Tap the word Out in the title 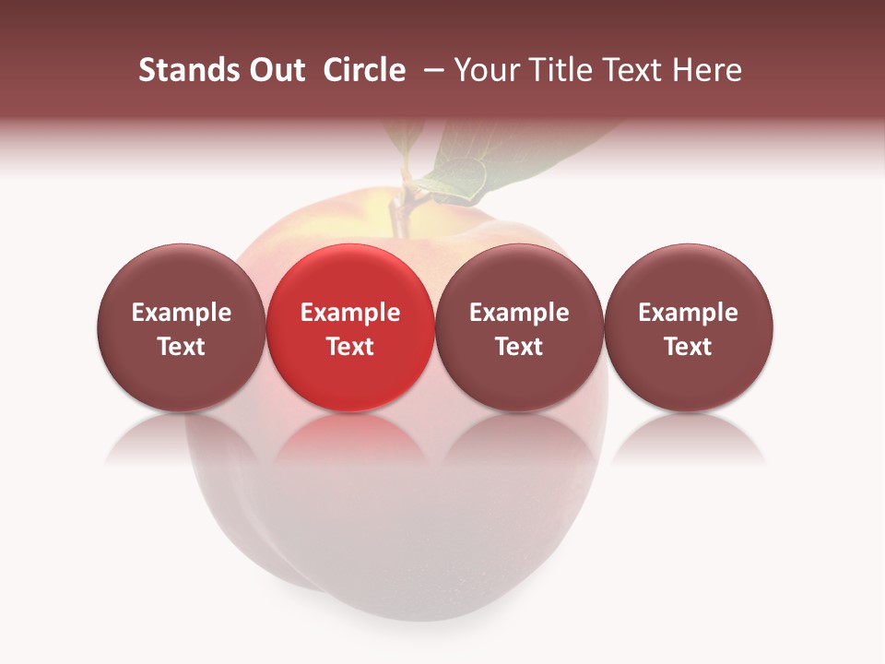point(275,70)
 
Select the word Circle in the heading point(364,70)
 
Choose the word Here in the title point(707,70)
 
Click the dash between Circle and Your point(431,70)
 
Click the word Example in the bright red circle point(350,313)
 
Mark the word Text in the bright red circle point(350,347)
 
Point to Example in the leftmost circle point(182,313)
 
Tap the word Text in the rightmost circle point(689,347)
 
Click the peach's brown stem point(397,213)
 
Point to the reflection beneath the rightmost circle point(688,440)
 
